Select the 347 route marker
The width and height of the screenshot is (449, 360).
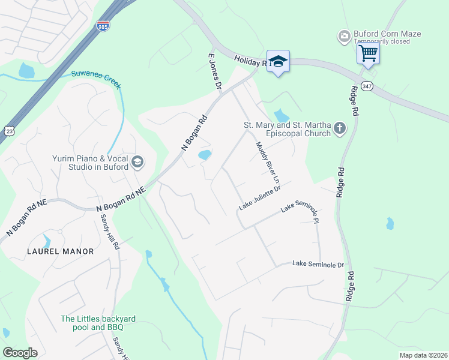click(x=367, y=85)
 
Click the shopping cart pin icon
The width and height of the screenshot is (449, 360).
click(x=367, y=53)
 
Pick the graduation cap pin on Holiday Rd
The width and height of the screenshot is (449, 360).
click(x=278, y=61)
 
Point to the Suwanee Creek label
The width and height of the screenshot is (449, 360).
click(x=96, y=78)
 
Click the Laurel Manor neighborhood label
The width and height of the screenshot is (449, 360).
click(x=60, y=251)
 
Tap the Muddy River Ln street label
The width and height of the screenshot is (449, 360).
click(x=268, y=162)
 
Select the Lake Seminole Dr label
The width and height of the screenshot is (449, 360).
click(x=318, y=264)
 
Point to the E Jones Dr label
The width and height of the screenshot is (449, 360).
click(x=215, y=71)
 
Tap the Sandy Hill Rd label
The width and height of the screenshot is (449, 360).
click(x=109, y=233)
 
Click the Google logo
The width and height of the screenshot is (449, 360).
click(x=20, y=353)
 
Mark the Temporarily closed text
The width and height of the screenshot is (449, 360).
click(x=382, y=41)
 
